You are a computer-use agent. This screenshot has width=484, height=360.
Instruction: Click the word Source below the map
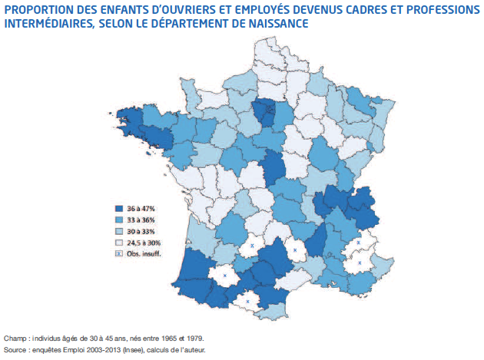click(x=16, y=349)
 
